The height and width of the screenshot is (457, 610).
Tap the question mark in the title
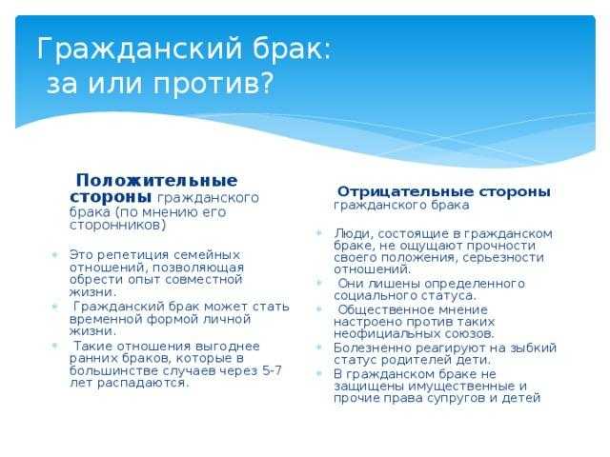267,83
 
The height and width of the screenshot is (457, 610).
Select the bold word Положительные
156,181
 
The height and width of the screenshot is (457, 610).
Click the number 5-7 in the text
272,370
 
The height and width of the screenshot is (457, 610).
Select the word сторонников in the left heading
115,225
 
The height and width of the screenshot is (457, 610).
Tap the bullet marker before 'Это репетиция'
54,255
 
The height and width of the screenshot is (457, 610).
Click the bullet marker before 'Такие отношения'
54,346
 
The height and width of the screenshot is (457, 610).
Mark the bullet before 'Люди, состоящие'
319,233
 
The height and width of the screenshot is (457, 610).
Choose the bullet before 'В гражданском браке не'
319,374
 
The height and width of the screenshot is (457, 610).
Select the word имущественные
457,387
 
